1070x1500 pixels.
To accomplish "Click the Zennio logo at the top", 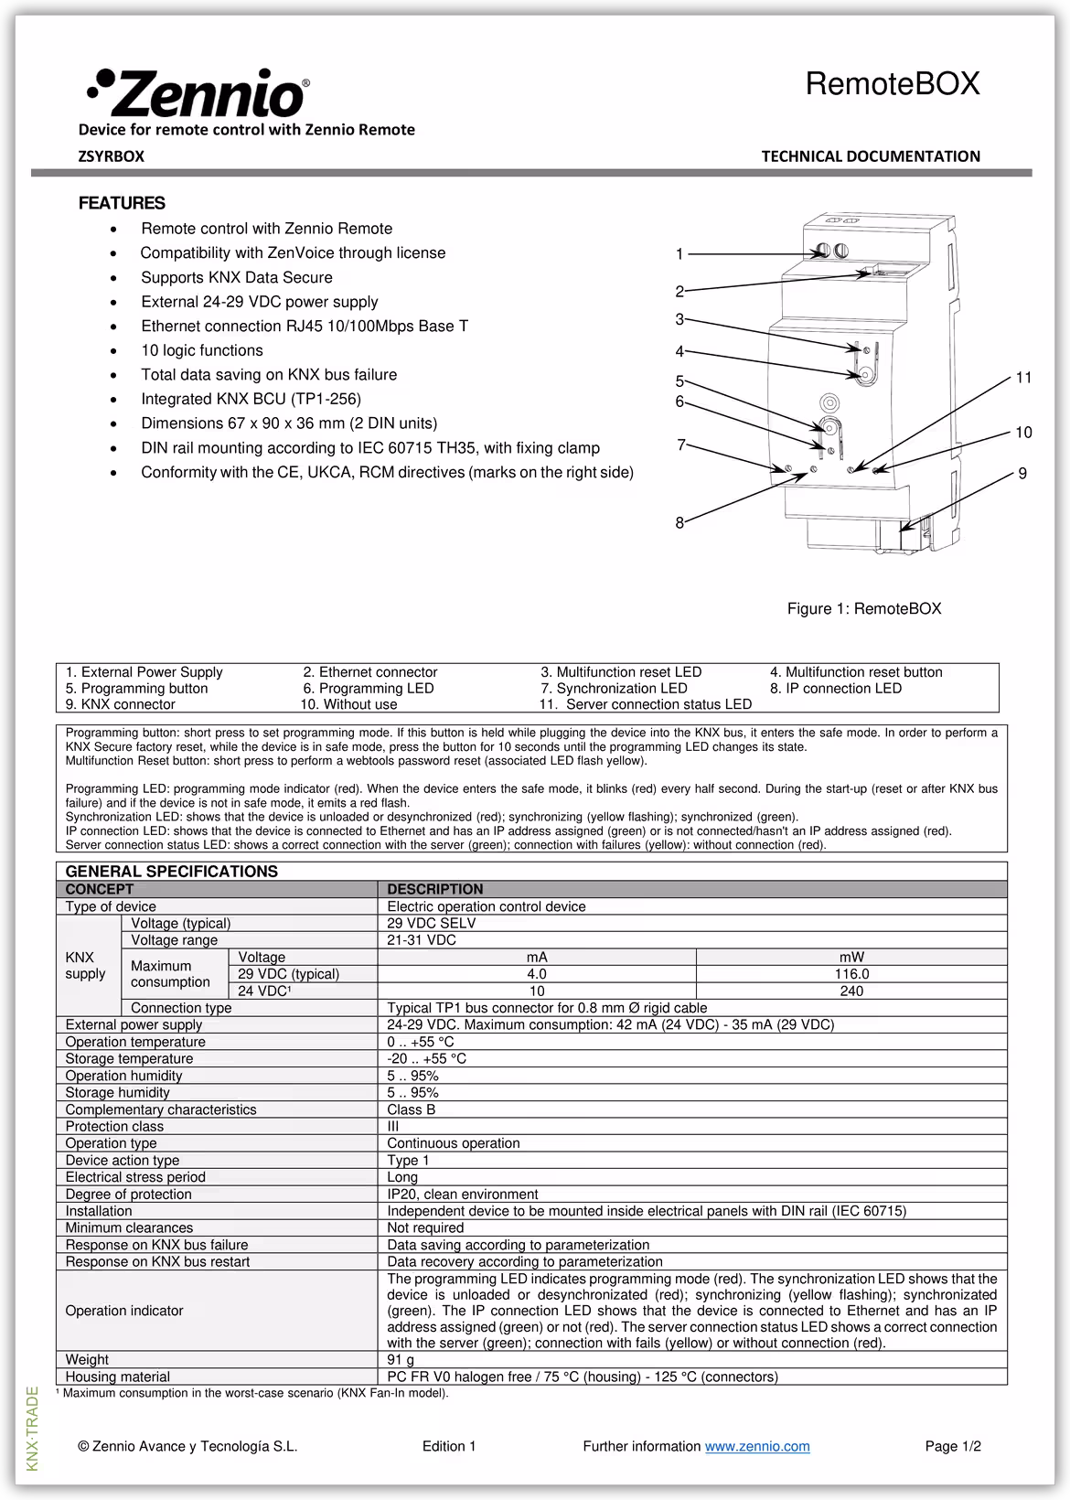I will [x=198, y=92].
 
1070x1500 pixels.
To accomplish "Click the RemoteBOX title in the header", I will [x=892, y=84].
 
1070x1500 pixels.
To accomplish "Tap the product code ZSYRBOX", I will [x=112, y=156].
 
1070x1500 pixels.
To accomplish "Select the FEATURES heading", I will [x=122, y=203].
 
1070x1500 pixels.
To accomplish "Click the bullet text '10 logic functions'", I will [x=201, y=350].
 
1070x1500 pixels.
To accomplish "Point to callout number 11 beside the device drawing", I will [x=1023, y=378].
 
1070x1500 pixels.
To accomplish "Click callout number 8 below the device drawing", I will [x=679, y=523].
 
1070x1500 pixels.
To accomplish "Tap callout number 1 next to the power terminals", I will [x=679, y=254].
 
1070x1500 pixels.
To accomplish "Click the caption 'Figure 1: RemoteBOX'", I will [x=864, y=609].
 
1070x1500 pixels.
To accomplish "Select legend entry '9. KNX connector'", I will [x=120, y=704].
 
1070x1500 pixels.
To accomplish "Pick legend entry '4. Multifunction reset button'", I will [x=856, y=672].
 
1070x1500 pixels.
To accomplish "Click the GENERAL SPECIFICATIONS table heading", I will [x=171, y=872].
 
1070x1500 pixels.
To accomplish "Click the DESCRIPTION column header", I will [x=434, y=889].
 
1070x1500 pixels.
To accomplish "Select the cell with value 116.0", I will [x=851, y=974].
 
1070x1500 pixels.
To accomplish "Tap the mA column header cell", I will [x=537, y=958].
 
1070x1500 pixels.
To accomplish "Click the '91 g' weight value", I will [x=401, y=1360].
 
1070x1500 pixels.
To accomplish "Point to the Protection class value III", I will [x=393, y=1127].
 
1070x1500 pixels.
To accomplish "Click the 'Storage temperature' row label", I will [x=129, y=1059].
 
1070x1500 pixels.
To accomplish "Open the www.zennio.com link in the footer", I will [x=757, y=1446].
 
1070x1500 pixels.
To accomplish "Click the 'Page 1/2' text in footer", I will [x=953, y=1446].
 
